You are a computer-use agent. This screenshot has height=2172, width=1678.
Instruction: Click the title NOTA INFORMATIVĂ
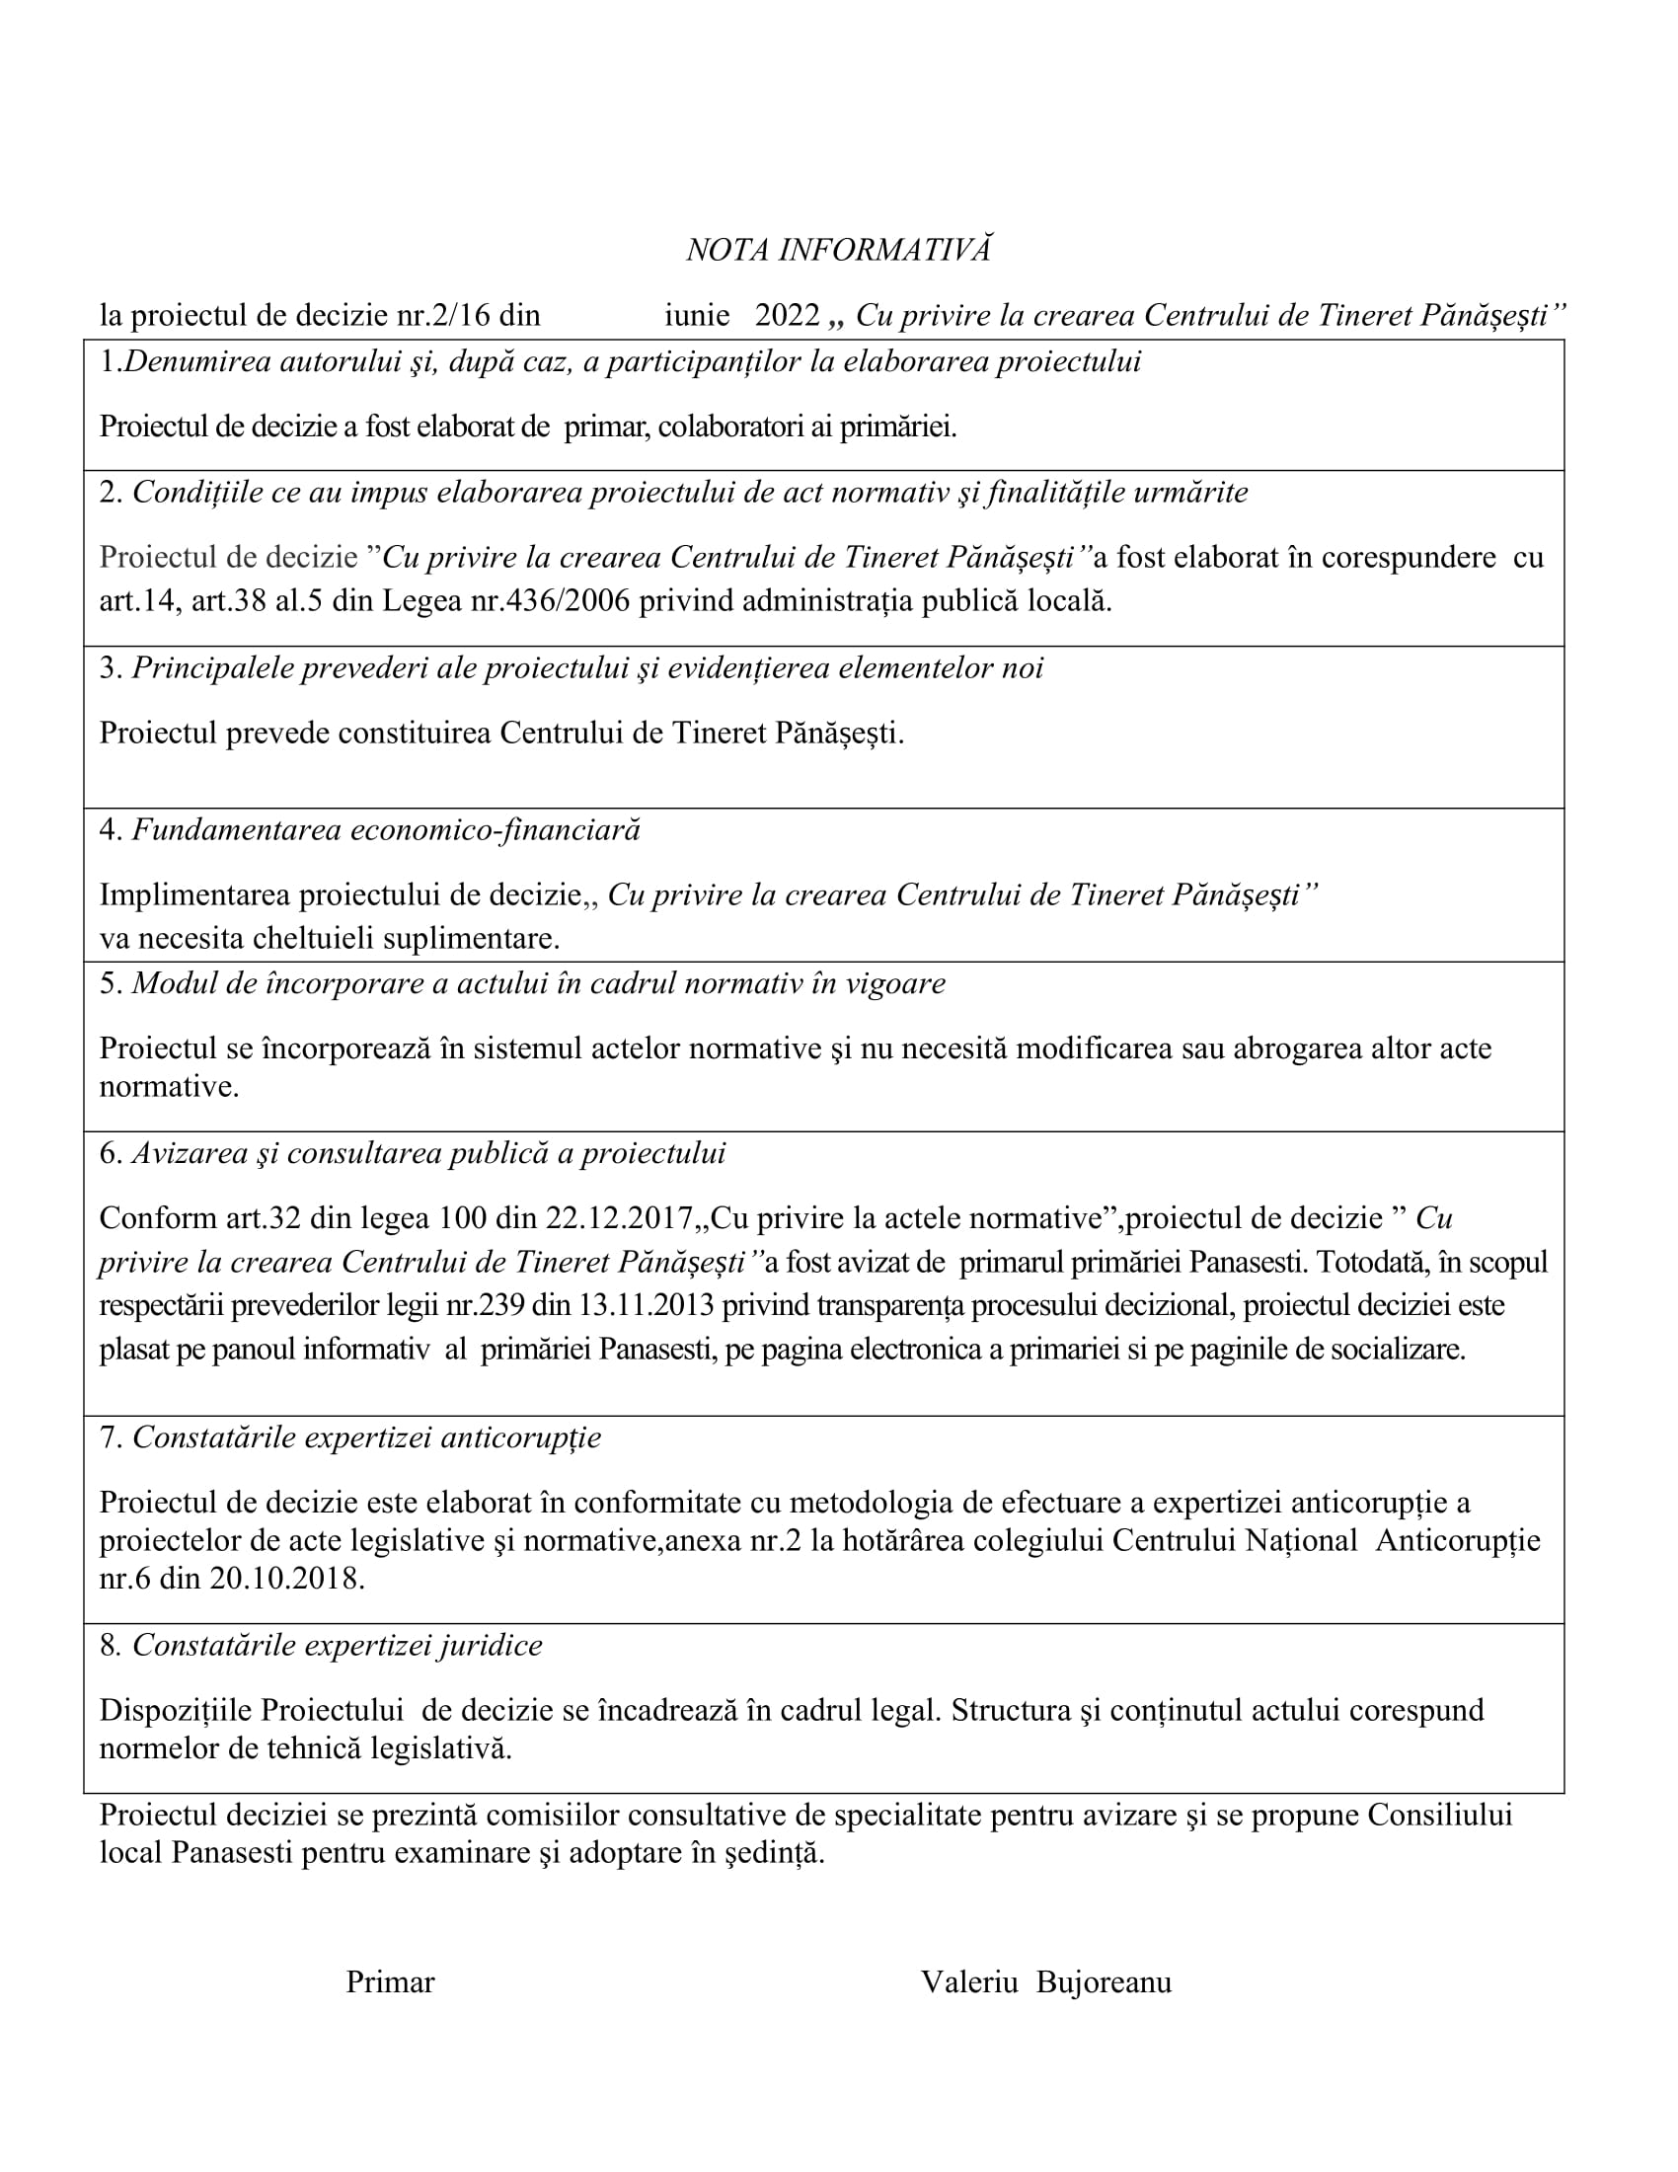[x=838, y=250]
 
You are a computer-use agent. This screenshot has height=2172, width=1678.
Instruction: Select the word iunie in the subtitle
[x=697, y=315]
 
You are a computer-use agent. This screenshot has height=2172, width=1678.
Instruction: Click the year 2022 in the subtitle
[x=788, y=315]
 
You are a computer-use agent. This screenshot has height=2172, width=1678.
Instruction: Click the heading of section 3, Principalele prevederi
[x=586, y=668]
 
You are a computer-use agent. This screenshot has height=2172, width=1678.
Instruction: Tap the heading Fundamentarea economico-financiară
[x=386, y=829]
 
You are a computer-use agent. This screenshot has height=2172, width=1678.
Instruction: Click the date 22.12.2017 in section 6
[x=618, y=1217]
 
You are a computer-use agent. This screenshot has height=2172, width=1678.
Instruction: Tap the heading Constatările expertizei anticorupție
[x=366, y=1437]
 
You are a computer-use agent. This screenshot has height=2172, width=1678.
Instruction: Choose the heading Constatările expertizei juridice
[x=337, y=1645]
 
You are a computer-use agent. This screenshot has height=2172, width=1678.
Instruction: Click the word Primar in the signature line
[x=390, y=1982]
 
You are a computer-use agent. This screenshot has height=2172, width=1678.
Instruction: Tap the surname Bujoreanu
[x=1104, y=1982]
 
